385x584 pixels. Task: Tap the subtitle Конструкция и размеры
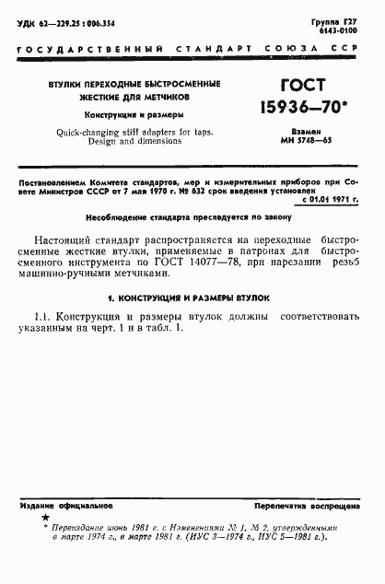[x=135, y=115]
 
